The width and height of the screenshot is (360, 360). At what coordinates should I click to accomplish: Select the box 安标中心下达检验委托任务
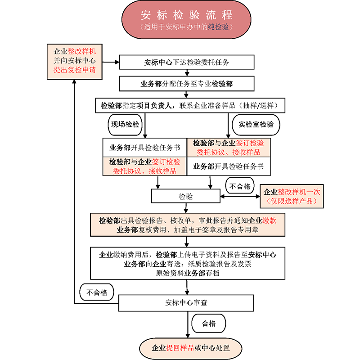coord(187,63)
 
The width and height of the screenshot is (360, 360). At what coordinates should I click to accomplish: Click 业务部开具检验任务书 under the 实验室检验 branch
coord(228,166)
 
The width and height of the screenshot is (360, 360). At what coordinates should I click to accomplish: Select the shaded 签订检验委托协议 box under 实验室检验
coord(228,147)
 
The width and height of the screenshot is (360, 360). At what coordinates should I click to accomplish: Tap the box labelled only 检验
coord(185,196)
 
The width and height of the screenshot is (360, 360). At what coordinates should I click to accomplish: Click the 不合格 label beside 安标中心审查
coord(97,292)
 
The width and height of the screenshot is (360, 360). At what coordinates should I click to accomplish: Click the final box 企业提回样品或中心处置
coord(191,348)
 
